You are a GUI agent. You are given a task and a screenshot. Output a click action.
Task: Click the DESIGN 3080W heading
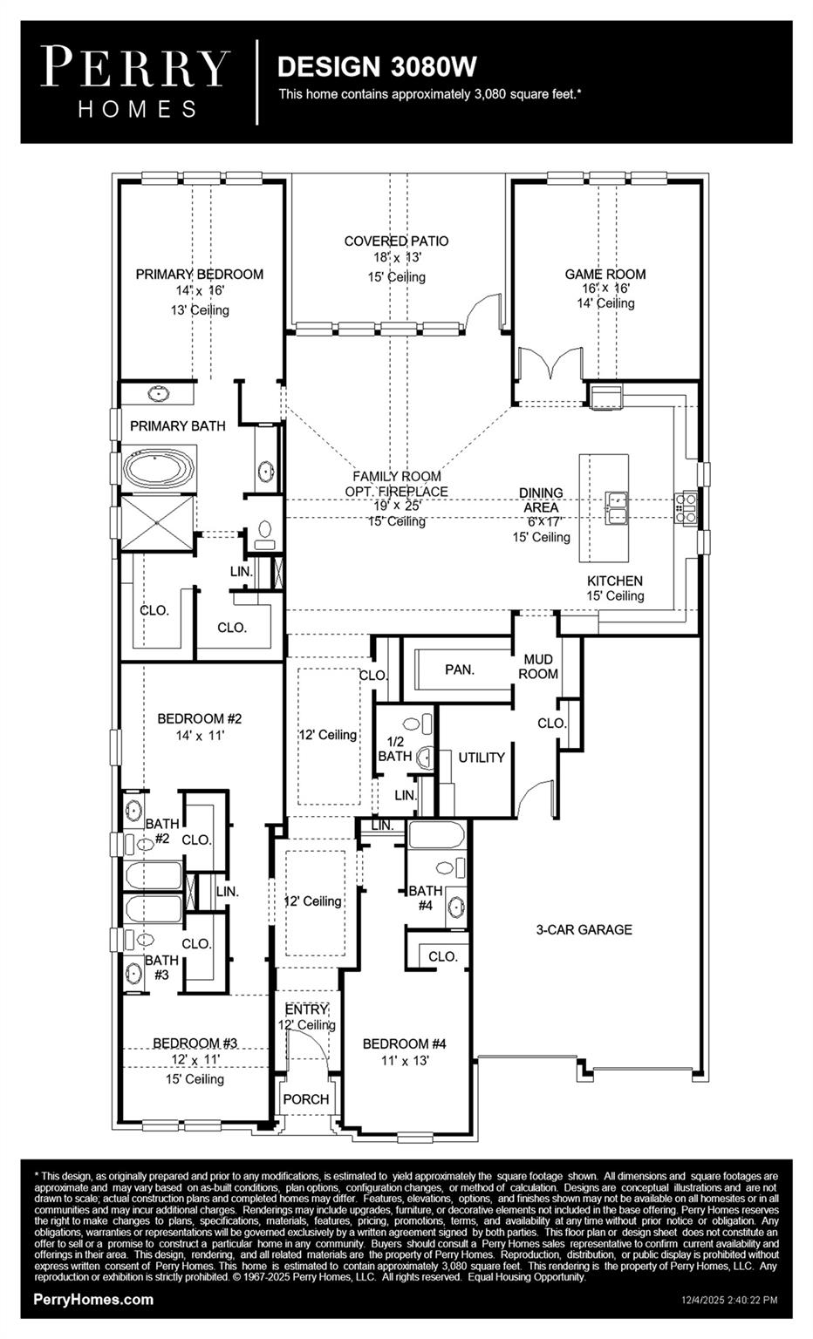[377, 66]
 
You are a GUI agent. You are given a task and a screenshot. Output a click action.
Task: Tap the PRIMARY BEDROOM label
[199, 274]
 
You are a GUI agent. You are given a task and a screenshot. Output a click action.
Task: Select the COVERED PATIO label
[396, 241]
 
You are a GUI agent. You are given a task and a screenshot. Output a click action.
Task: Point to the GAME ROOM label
[605, 274]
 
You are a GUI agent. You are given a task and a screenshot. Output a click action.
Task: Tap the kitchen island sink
[618, 507]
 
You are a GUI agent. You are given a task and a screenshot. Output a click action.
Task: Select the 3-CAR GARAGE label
[584, 929]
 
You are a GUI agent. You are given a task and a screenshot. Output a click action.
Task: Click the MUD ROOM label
[538, 667]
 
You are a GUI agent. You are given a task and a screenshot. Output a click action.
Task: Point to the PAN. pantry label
[460, 669]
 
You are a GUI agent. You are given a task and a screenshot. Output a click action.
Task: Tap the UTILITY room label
[482, 758]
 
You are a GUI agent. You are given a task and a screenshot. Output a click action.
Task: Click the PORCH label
[306, 1099]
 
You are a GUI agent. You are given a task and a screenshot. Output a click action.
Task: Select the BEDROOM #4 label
[405, 1043]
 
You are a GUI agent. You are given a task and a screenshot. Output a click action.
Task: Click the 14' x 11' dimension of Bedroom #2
[200, 735]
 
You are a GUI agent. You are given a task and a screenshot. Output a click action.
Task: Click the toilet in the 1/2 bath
[426, 756]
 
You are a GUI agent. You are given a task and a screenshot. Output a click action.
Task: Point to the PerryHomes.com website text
[93, 1300]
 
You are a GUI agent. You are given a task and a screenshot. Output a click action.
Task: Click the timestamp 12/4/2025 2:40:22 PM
[728, 1301]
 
